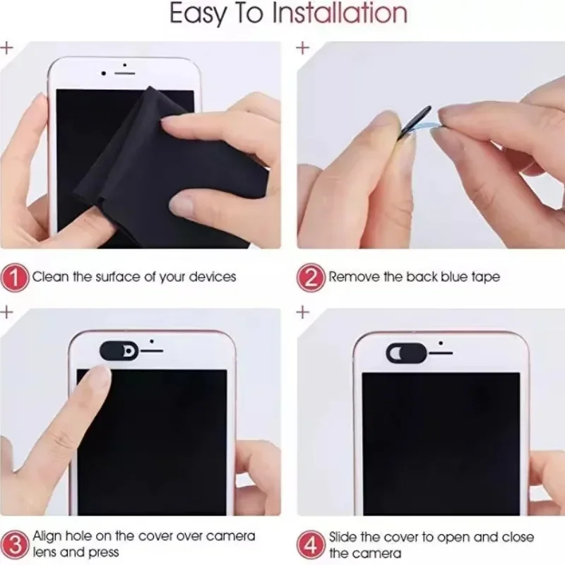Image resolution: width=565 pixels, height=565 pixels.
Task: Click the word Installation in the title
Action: (x=340, y=13)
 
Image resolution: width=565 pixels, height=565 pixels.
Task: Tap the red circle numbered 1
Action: (x=15, y=277)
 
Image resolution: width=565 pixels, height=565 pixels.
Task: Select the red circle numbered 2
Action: (x=311, y=277)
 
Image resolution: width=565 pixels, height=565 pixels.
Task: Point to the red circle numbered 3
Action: (x=15, y=544)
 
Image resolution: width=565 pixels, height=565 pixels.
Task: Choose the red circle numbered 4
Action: (x=311, y=544)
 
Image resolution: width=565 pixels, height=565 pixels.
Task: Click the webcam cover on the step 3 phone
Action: (x=119, y=350)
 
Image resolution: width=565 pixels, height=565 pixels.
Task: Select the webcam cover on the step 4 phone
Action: (x=406, y=352)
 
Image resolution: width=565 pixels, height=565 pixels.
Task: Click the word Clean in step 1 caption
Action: (x=50, y=277)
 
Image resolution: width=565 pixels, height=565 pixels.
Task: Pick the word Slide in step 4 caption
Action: (x=343, y=537)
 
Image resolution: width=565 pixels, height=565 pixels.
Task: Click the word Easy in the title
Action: (x=197, y=13)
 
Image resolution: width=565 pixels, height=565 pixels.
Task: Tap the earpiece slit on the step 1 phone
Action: (x=125, y=73)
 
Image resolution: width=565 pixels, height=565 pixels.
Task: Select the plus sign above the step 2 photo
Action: (x=303, y=47)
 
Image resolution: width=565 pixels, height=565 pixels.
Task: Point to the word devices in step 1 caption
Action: (x=213, y=277)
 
